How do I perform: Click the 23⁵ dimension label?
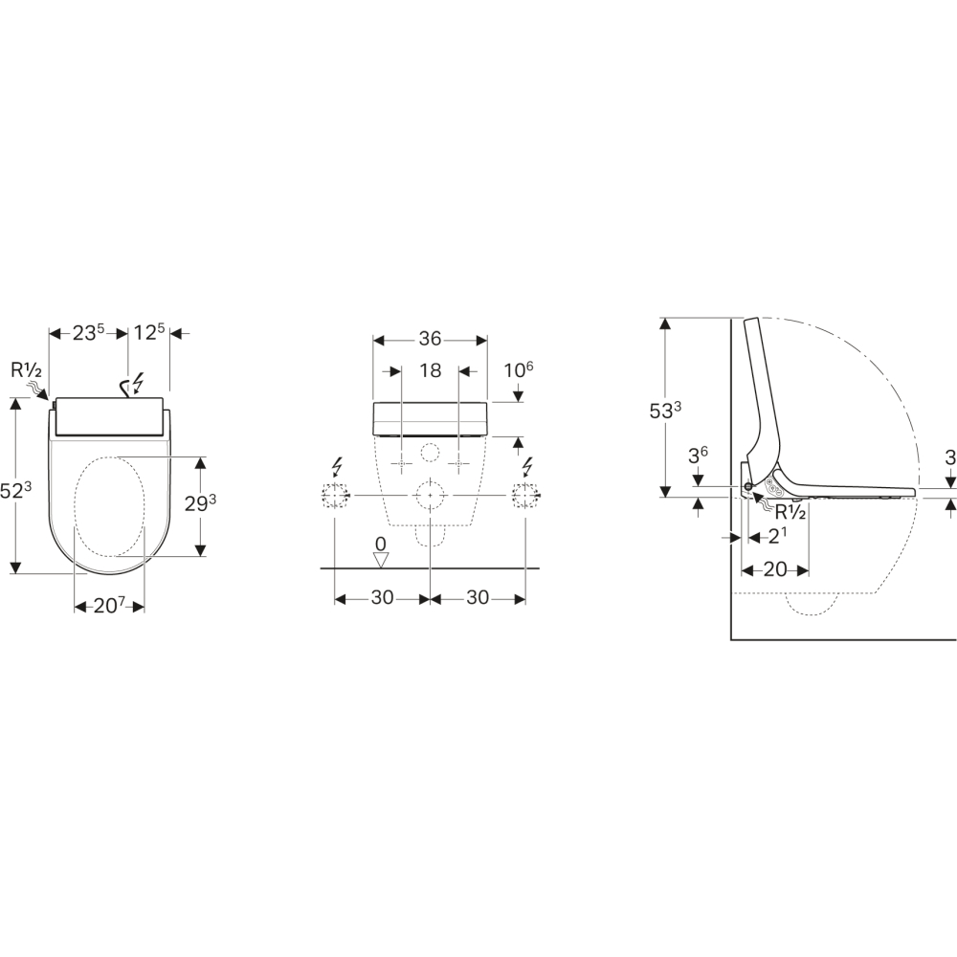pos(89,333)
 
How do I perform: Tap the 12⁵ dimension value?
pos(149,333)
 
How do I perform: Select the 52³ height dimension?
pos(15,490)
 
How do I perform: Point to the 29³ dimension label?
pos(200,502)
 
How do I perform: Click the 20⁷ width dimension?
pos(109,606)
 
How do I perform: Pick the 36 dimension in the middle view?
pos(430,338)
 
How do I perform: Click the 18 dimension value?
pos(431,370)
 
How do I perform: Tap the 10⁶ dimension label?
pos(519,369)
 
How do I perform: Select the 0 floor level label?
pos(380,544)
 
